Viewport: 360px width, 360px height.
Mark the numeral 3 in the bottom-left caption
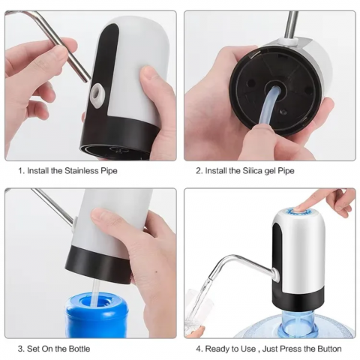coord(20,349)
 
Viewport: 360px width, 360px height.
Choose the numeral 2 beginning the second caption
coord(198,171)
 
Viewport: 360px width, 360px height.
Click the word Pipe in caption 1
coord(108,171)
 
